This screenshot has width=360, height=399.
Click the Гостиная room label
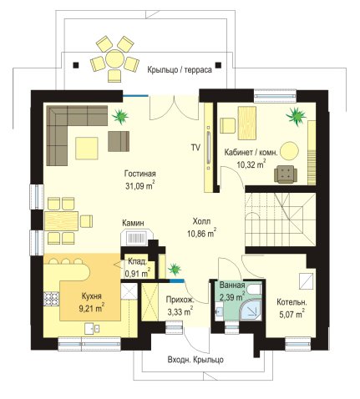pyautogui.click(x=140, y=174)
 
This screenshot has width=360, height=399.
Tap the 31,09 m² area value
pyautogui.click(x=140, y=185)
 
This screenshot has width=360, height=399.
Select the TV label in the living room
pyautogui.click(x=195, y=148)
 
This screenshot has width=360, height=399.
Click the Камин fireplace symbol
pyautogui.click(x=137, y=238)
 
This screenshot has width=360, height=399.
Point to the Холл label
pyautogui.click(x=201, y=221)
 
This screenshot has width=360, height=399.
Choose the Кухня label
pyautogui.click(x=92, y=296)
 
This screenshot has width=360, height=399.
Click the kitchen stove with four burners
pyautogui.click(x=52, y=299)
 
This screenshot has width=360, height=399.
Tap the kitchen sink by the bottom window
pyautogui.click(x=92, y=329)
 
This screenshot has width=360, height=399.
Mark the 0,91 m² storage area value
pyautogui.click(x=138, y=273)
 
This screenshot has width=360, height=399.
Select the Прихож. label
pyautogui.click(x=180, y=300)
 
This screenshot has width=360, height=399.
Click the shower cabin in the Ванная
pyautogui.click(x=251, y=311)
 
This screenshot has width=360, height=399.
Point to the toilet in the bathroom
pyautogui.click(x=254, y=289)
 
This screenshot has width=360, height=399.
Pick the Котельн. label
pyautogui.click(x=292, y=302)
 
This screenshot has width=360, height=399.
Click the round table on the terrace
pyautogui.click(x=114, y=58)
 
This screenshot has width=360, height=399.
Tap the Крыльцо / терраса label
pyautogui.click(x=180, y=69)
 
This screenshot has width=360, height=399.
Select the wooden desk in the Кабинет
pyautogui.click(x=247, y=123)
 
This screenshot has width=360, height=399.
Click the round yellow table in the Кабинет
pyautogui.click(x=290, y=151)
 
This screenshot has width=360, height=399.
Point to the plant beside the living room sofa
pyautogui.click(x=120, y=116)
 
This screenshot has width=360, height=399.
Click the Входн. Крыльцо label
pyautogui.click(x=195, y=360)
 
